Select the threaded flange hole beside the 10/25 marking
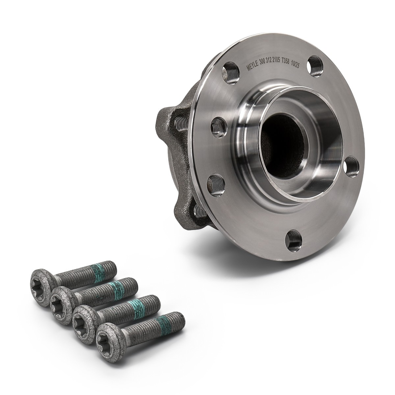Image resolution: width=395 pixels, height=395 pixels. pyautogui.click(x=316, y=66)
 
